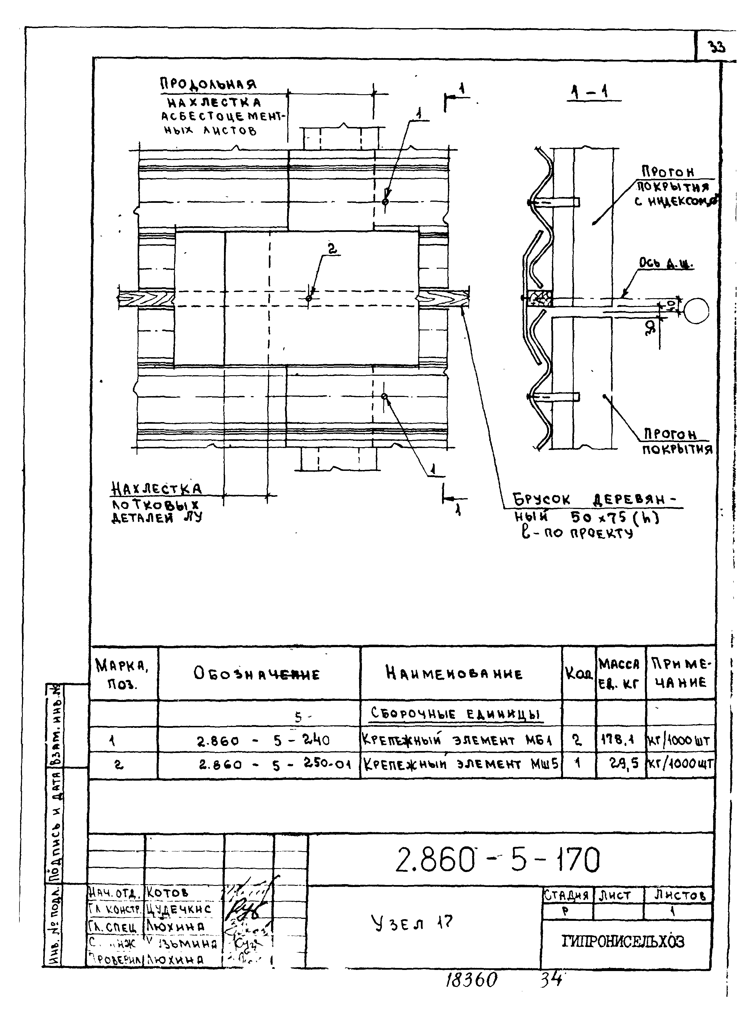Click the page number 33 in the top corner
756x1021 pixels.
(x=717, y=47)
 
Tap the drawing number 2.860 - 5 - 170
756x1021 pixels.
(x=497, y=859)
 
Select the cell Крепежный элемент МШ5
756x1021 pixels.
(x=460, y=764)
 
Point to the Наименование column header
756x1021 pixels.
(x=454, y=674)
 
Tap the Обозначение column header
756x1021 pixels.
(x=256, y=674)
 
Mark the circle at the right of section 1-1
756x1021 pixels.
(x=696, y=311)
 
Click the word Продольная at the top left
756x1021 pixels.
(x=208, y=84)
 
